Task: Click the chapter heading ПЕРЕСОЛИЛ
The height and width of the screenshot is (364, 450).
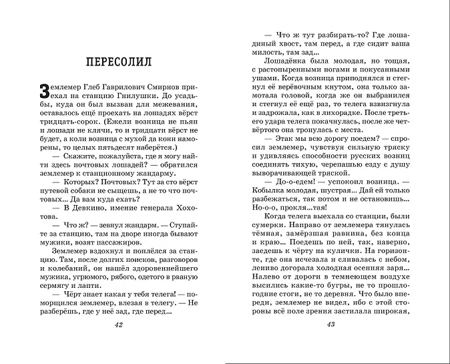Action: point(119,62)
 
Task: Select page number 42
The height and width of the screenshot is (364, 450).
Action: point(120,343)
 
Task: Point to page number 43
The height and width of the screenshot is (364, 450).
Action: point(330,343)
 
